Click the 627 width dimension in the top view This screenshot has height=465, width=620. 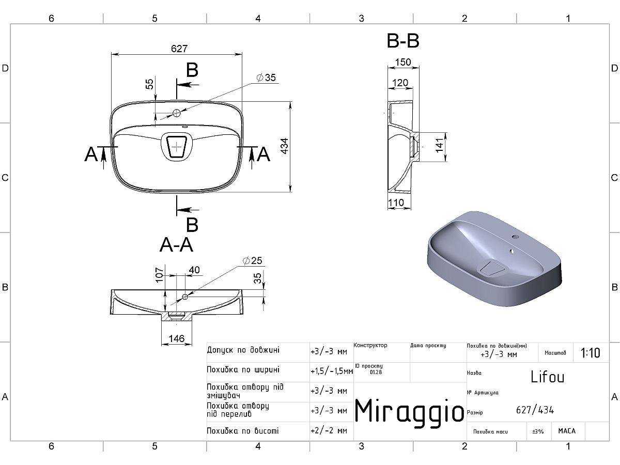(179, 49)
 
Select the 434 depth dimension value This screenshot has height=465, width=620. (285, 146)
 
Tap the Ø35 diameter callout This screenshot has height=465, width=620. (266, 78)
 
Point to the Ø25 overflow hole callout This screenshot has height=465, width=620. (253, 260)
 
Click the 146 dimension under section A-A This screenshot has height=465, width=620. (177, 338)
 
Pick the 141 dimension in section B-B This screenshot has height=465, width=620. (439, 145)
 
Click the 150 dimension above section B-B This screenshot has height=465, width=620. (403, 62)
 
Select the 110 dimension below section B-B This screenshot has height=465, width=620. (396, 203)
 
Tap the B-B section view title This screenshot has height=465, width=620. (403, 41)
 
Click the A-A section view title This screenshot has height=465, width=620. (177, 244)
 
